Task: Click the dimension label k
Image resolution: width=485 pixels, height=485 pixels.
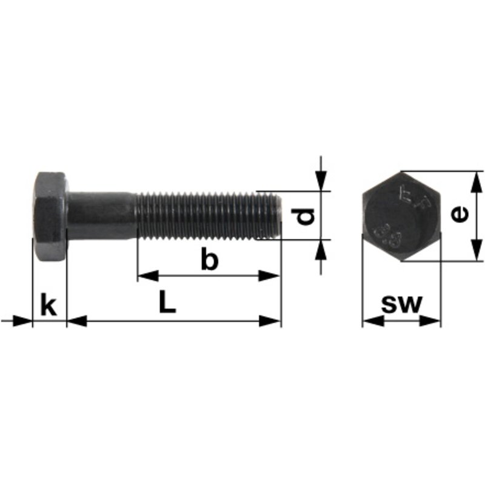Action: pyautogui.click(x=48, y=304)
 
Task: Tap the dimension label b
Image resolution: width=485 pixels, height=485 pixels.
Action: pyautogui.click(x=209, y=260)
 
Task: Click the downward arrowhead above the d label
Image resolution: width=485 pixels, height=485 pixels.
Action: pyautogui.click(x=321, y=181)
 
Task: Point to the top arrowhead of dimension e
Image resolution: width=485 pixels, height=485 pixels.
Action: pyautogui.click(x=477, y=181)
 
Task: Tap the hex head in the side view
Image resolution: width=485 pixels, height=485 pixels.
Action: pyautogui.click(x=50, y=216)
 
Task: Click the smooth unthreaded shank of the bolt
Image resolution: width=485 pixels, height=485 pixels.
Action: pyautogui.click(x=101, y=215)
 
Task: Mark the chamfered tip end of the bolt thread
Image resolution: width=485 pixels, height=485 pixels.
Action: pyautogui.click(x=277, y=215)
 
